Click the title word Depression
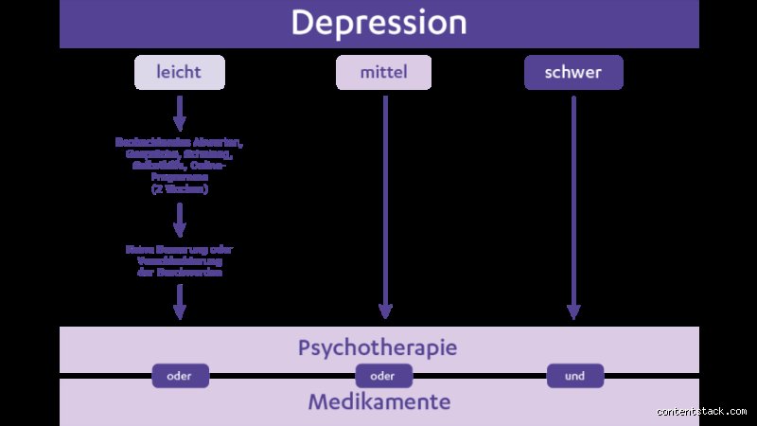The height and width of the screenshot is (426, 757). coord(378,23)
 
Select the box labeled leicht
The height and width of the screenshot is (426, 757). coord(180,72)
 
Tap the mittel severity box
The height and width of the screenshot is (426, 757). coord(383,72)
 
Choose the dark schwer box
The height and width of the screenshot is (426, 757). coord(573,72)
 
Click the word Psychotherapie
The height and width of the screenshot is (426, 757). coord(378,347)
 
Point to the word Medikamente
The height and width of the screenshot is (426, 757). coord(378,402)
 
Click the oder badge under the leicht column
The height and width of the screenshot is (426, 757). coord(180,376)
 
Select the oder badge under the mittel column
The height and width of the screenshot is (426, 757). coord(382,376)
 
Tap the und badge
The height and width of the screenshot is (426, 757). coord(574,376)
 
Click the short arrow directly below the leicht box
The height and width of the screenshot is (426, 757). coord(180,113)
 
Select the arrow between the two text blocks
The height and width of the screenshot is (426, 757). coord(180,220)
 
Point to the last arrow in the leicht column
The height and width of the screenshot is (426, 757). coord(180,302)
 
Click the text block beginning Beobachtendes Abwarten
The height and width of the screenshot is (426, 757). coord(180,166)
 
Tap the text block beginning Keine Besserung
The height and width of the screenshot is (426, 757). coord(180,260)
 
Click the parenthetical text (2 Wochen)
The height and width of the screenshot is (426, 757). coord(180,189)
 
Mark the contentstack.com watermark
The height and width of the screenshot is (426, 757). coord(702,411)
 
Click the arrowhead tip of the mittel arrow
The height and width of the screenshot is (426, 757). coord(384,315)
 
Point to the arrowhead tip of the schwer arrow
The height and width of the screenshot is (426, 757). coord(573,315)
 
